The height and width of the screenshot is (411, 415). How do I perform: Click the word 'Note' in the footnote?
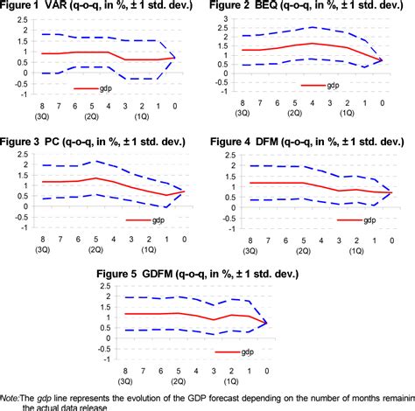tap(11, 400)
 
